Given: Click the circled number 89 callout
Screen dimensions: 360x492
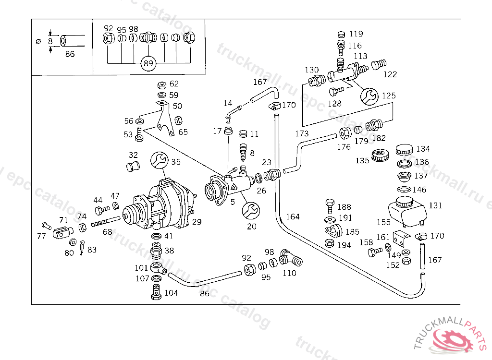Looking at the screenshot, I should point(148,63).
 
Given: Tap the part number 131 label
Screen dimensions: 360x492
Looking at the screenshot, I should point(435,205).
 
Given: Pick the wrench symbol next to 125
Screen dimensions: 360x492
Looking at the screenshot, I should point(369,96).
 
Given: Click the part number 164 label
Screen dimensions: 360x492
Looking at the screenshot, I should point(293,216).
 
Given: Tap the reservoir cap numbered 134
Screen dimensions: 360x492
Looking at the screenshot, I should point(406,149).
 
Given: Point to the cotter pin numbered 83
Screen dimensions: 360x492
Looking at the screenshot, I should point(82,247).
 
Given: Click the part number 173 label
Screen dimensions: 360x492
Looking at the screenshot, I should point(302,133).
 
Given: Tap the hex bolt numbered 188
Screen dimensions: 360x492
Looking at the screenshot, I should point(330,206).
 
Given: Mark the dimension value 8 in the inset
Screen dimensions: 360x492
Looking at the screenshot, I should point(50,41).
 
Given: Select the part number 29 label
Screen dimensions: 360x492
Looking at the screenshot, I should point(197,221).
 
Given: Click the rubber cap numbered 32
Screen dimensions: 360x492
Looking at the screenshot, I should point(132,167).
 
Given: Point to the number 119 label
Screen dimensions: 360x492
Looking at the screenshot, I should point(356,34).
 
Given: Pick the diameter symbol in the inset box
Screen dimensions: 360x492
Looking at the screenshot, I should point(39,41).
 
